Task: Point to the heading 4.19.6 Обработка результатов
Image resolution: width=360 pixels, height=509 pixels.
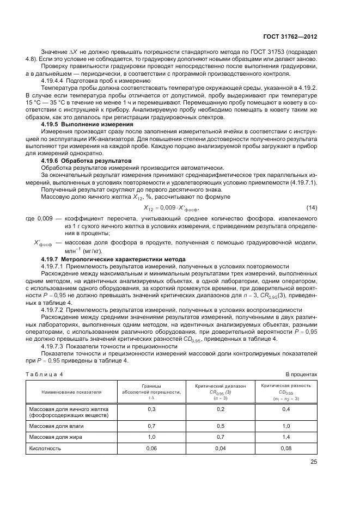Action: coord(86,162)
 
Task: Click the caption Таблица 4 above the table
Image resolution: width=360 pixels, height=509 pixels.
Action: coord(45,375)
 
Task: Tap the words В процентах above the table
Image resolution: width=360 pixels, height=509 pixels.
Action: coord(301,375)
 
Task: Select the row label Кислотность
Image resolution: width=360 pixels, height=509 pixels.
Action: coord(45,448)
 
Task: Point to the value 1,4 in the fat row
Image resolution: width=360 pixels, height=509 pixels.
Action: coord(286,437)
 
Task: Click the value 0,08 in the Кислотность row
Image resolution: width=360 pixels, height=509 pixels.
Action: coord(286,448)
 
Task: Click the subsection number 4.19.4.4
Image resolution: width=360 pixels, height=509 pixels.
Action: coord(53,80)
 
